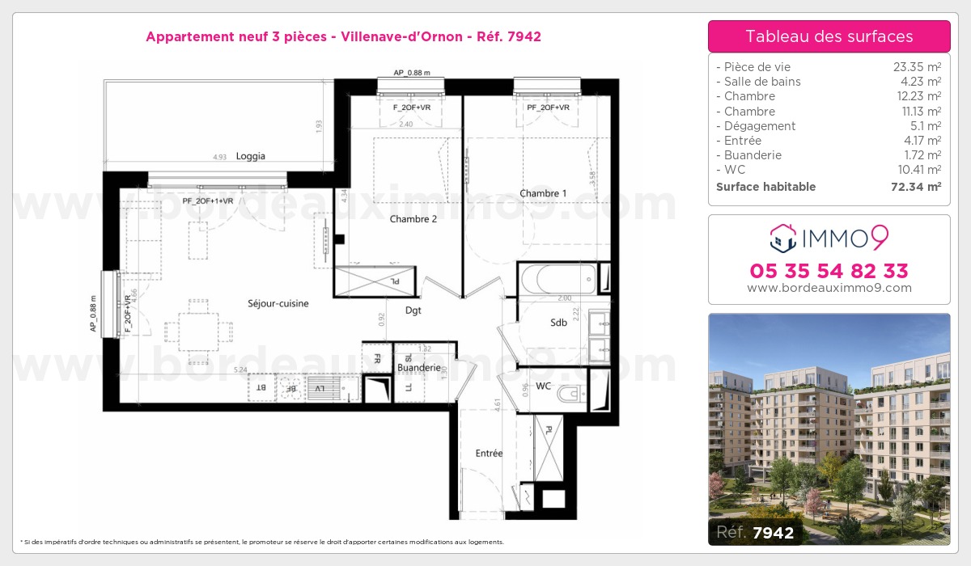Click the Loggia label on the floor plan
click(x=251, y=157)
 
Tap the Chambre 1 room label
click(x=543, y=193)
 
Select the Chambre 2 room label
click(x=413, y=219)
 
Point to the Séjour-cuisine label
click(x=278, y=303)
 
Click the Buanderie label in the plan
click(x=418, y=368)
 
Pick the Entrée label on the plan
click(x=489, y=454)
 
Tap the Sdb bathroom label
click(x=558, y=323)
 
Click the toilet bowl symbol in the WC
click(x=571, y=394)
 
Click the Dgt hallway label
click(x=413, y=310)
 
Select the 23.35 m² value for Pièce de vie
click(x=916, y=67)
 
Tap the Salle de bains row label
click(x=761, y=82)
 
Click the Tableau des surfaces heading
click(x=829, y=36)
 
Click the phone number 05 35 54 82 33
click(x=829, y=270)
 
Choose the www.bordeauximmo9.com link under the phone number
click(x=829, y=288)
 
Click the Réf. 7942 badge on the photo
click(x=755, y=532)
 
